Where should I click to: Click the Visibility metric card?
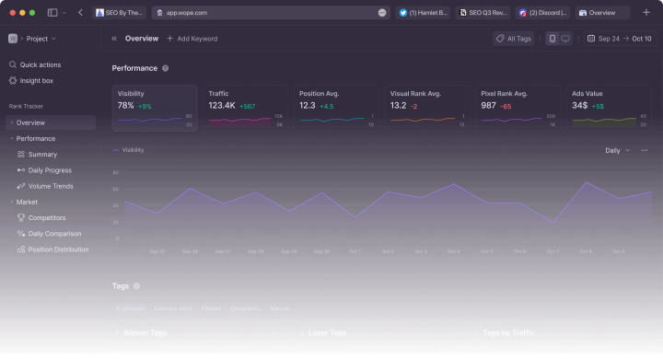[x=155, y=108]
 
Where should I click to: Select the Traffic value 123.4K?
[x=222, y=106]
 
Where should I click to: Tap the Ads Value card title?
[x=587, y=93]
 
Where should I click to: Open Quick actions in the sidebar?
[x=40, y=64]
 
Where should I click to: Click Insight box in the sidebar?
[x=36, y=80]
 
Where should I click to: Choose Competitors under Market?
[x=46, y=217]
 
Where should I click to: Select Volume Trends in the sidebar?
[x=50, y=186]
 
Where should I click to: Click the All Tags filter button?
[x=514, y=39]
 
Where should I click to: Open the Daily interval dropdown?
[x=616, y=150]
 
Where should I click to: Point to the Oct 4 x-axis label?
[x=453, y=251]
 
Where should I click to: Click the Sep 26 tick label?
[x=190, y=251]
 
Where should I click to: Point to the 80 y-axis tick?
[x=116, y=172]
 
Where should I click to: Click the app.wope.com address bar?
[x=267, y=13]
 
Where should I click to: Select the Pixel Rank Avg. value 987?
[x=488, y=106]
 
